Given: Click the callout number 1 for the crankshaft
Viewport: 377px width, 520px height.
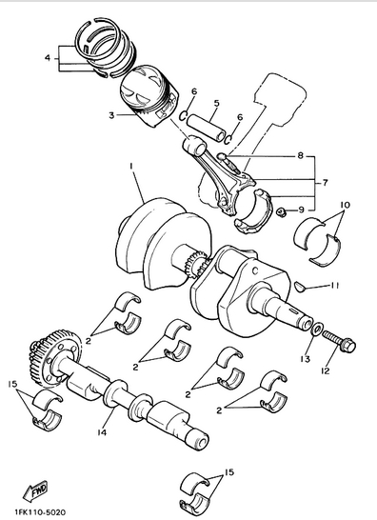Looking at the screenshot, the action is click(131, 165).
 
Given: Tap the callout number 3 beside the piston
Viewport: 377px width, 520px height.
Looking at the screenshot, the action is click(111, 115).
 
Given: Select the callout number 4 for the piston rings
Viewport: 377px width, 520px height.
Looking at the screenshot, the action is click(48, 58).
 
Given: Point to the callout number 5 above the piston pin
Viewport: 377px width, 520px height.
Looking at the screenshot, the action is click(216, 103).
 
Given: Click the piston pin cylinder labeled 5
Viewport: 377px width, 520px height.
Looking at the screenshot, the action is click(206, 128).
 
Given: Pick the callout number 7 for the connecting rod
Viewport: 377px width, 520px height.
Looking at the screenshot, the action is click(325, 183).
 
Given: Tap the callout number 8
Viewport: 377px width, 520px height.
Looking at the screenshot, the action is click(301, 155).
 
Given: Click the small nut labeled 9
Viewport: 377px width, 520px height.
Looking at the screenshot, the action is click(282, 211).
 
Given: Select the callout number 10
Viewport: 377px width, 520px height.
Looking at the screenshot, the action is click(345, 205).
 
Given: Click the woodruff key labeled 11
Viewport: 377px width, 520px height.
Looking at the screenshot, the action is click(300, 287).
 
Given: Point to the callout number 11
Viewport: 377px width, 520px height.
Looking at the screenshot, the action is click(334, 285).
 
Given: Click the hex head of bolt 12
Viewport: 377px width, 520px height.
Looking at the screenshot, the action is click(347, 345).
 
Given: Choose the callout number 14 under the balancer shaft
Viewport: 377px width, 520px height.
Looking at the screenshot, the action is click(102, 432).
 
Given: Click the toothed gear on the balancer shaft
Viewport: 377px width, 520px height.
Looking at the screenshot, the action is click(54, 358).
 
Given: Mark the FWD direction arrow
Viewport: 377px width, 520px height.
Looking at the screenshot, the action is click(36, 490).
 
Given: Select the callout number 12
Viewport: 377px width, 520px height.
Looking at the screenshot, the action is click(326, 370).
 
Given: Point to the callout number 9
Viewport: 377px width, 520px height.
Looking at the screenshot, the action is click(301, 210).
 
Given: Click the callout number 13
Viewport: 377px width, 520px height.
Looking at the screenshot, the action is click(305, 359).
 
